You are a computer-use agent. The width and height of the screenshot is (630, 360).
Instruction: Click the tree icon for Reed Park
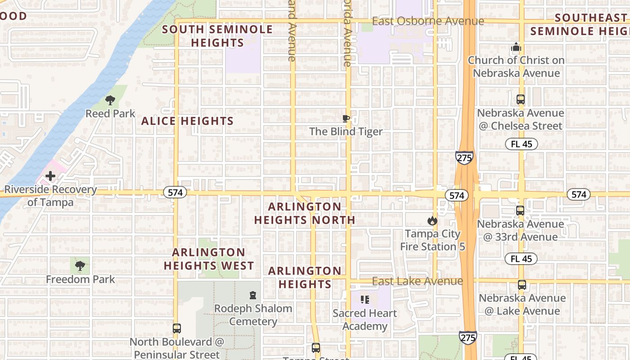coord(110,100)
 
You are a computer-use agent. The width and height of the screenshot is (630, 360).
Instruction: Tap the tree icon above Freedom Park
coord(80,266)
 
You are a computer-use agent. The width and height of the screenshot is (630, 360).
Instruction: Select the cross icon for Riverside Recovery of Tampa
coord(50,176)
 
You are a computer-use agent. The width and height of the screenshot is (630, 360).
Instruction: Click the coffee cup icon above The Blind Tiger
coord(346,119)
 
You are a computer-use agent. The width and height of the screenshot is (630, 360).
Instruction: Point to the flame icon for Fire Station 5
coord(432,220)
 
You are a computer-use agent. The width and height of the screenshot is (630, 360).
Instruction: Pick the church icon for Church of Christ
coord(516,47)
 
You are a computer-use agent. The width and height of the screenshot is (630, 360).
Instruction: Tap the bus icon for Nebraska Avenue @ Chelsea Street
coord(521,99)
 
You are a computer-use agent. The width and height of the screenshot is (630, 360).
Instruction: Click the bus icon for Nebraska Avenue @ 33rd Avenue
coord(520,210)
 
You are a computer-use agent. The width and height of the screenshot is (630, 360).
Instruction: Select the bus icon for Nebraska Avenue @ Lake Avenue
coord(522,285)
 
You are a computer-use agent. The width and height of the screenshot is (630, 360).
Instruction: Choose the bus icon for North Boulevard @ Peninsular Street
coord(177,328)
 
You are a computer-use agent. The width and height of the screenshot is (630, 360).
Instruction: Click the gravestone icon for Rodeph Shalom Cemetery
coord(253,295)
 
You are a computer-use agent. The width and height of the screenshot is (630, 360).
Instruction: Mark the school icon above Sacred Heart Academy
coord(365,300)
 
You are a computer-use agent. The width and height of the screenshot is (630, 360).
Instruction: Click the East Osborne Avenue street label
coord(428,21)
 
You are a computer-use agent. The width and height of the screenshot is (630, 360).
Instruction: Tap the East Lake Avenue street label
coord(417,281)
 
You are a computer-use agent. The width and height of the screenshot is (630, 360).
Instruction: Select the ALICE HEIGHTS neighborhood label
coord(188,121)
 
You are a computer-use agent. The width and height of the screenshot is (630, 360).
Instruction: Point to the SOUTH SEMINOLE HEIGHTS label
coord(217,36)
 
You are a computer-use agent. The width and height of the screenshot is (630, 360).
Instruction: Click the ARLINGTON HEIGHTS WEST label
coord(209,259)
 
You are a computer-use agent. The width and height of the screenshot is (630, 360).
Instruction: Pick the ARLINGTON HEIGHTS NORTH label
coord(305,213)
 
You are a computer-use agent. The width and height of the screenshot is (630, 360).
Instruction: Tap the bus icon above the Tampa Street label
coord(316,348)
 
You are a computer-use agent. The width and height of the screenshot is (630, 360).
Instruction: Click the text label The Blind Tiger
coord(346,132)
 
